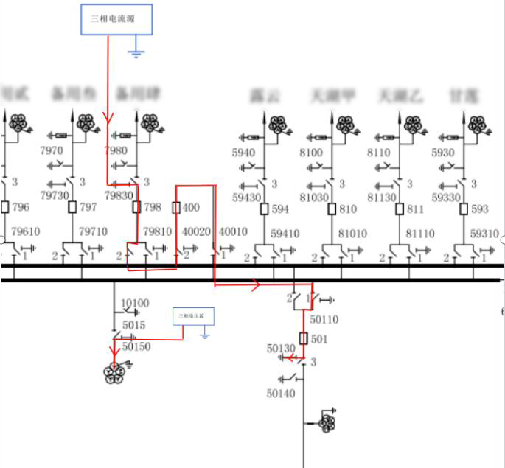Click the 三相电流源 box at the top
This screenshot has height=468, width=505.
[117, 19]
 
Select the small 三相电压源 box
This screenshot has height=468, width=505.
[194, 317]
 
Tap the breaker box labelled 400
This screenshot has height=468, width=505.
[176, 208]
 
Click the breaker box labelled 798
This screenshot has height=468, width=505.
[136, 207]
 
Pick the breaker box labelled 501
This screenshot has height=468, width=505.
[304, 338]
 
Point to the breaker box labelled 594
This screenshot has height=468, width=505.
[263, 209]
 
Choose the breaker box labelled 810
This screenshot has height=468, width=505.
[331, 209]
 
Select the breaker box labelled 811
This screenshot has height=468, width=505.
[399, 209]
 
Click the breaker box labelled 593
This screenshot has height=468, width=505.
[464, 209]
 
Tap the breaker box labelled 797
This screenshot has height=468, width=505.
[72, 207]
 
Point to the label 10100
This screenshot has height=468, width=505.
[135, 303]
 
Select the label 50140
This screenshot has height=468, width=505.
[280, 394]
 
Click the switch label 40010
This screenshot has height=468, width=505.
[234, 231]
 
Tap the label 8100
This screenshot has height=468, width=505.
[311, 153]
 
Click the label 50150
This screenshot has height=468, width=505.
[136, 346]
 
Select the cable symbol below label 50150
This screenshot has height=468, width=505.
[114, 372]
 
